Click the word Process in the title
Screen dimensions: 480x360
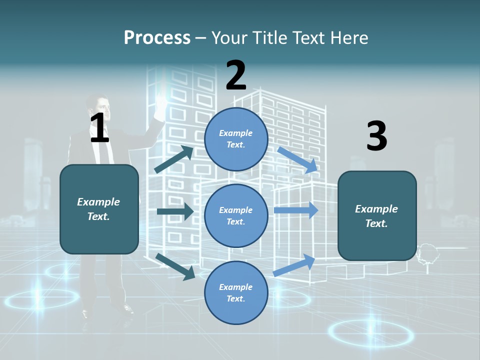pyautogui.click(x=157, y=37)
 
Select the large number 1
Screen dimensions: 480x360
pyautogui.click(x=99, y=127)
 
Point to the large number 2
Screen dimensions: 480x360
pyautogui.click(x=236, y=75)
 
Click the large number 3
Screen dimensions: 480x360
pyautogui.click(x=377, y=135)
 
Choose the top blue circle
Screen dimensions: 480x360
pyautogui.click(x=236, y=139)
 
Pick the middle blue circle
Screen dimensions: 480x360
pyautogui.click(x=236, y=216)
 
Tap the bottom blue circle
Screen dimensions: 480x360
pyautogui.click(x=236, y=292)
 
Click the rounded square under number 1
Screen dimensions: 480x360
pyautogui.click(x=99, y=209)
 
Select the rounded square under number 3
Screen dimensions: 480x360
pyautogui.click(x=377, y=216)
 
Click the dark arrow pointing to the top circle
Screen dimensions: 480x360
pyautogui.click(x=173, y=159)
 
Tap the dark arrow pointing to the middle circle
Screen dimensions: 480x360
pyautogui.click(x=175, y=211)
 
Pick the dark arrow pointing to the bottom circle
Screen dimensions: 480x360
pyautogui.click(x=175, y=266)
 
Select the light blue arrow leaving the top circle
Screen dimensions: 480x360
pyautogui.click(x=297, y=160)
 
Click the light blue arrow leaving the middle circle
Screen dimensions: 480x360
pyautogui.click(x=296, y=210)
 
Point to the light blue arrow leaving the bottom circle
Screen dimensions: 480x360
pyautogui.click(x=294, y=265)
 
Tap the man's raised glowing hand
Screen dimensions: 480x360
pyautogui.click(x=160, y=106)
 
